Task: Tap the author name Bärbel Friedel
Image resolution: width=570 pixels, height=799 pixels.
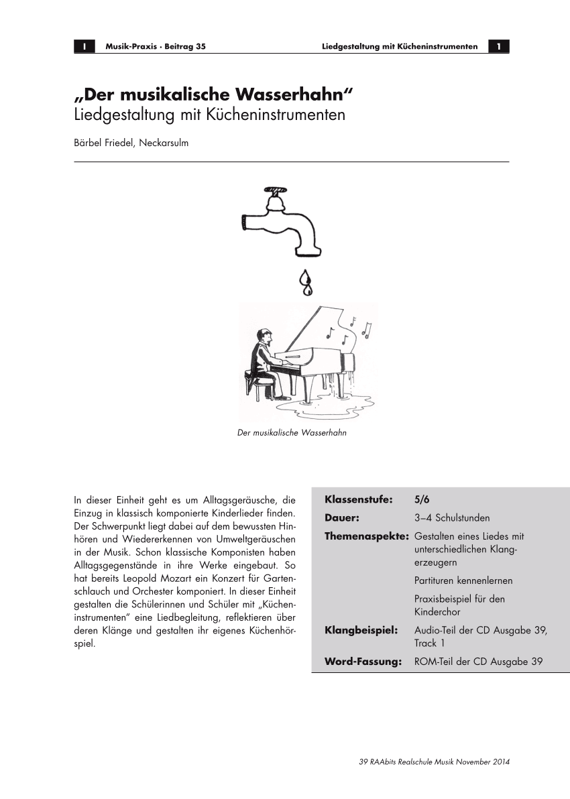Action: pyautogui.click(x=106, y=143)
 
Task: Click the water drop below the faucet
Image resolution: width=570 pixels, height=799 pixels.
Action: pyautogui.click(x=306, y=283)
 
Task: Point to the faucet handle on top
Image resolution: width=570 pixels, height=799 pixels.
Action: pyautogui.click(x=274, y=190)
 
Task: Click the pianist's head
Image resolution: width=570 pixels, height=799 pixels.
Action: pyautogui.click(x=263, y=335)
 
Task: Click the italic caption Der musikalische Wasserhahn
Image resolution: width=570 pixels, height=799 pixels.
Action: pyautogui.click(x=292, y=433)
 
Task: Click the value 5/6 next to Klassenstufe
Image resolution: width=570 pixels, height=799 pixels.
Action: pyautogui.click(x=422, y=500)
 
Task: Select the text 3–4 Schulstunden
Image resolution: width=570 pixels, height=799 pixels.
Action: pyautogui.click(x=452, y=518)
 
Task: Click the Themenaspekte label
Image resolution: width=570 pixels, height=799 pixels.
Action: pyautogui.click(x=366, y=536)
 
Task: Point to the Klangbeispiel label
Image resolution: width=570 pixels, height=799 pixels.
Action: pyautogui.click(x=361, y=630)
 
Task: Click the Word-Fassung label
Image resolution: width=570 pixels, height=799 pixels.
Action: pyautogui.click(x=363, y=662)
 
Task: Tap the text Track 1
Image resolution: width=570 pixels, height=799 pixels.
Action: pyautogui.click(x=429, y=643)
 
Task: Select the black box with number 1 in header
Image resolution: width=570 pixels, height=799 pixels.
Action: pyautogui.click(x=499, y=46)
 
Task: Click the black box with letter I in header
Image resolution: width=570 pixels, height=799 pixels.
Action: pyautogui.click(x=84, y=46)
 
